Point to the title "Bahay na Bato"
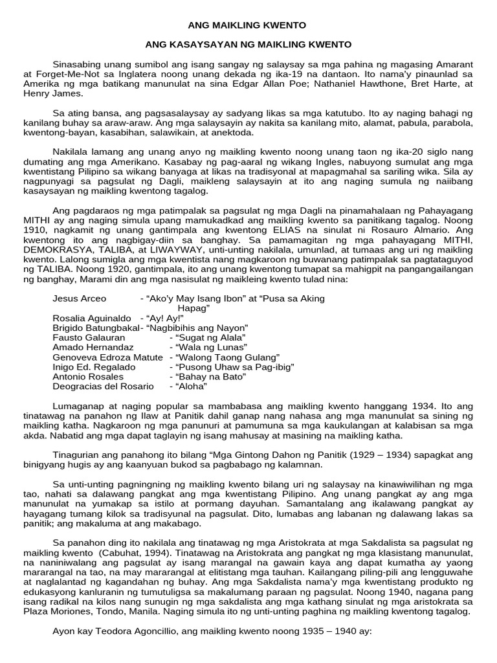[206, 376]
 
